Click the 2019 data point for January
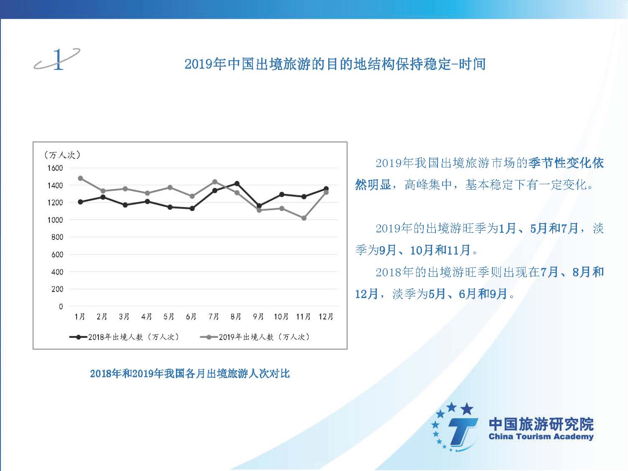point(80,178)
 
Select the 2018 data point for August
point(237,183)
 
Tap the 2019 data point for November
point(304,218)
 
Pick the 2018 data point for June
point(192,208)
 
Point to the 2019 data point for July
point(215,182)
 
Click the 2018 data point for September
point(259,206)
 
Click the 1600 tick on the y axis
point(55,168)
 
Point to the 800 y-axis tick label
point(57,237)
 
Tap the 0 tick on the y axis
point(61,306)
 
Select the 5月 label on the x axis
point(169,317)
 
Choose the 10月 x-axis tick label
point(281,317)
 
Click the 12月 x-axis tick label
point(326,317)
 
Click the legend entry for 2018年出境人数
point(124,337)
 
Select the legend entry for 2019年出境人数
point(255,337)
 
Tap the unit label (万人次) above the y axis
point(62,155)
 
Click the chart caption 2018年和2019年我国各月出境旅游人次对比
point(190,373)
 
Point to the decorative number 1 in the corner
point(58,59)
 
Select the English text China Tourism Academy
point(541,437)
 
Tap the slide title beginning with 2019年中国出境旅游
point(335,64)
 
